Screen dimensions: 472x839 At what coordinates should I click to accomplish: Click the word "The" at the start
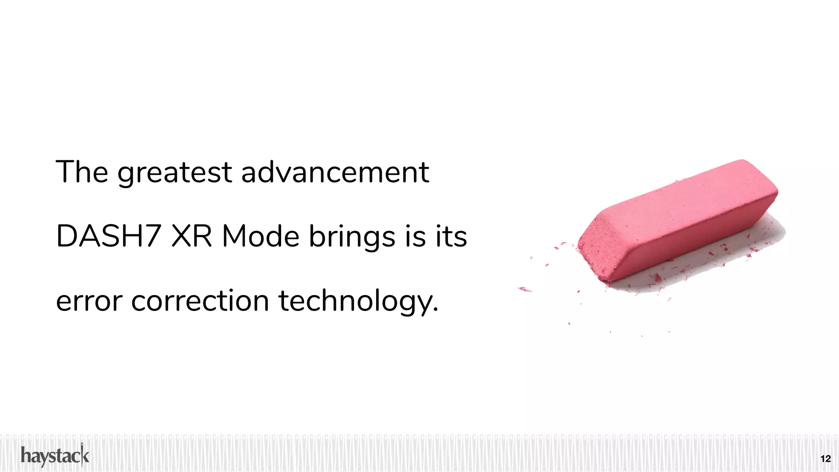coord(82,172)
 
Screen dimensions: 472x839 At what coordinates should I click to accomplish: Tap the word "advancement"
coord(335,172)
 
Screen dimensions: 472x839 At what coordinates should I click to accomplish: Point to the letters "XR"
coord(191,236)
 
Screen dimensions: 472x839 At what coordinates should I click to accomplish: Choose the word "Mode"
coord(261,236)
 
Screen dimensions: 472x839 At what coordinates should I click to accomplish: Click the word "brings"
coord(352,238)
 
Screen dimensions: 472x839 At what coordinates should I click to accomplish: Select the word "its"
coord(451,236)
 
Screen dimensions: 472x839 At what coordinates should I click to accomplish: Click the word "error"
coord(89,301)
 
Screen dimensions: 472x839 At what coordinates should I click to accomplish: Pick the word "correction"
coord(200,301)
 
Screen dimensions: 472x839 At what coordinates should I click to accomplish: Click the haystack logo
coord(55,456)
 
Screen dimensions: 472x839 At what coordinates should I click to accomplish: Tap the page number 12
coord(825,458)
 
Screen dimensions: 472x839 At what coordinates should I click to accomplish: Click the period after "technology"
coord(435,310)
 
